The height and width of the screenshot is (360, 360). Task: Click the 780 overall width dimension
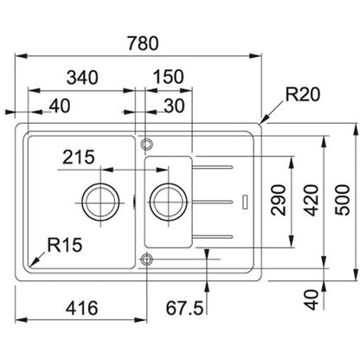(143, 43)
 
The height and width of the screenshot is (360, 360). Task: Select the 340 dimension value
(82, 78)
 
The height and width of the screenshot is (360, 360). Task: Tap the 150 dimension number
(168, 77)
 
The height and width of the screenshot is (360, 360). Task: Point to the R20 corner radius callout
(303, 94)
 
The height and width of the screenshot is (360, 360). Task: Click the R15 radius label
(65, 245)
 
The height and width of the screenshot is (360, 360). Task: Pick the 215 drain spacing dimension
(79, 157)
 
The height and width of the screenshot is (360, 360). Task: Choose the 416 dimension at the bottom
(82, 308)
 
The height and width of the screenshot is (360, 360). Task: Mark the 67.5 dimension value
(184, 308)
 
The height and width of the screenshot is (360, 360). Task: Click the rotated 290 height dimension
(279, 200)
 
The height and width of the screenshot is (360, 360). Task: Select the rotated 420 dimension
(312, 200)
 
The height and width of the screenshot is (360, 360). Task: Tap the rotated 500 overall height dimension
(342, 200)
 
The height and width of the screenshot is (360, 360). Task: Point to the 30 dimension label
(174, 106)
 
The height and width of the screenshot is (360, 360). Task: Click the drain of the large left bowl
(100, 202)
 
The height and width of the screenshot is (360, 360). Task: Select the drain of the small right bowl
(169, 202)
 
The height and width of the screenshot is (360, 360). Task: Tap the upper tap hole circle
(147, 144)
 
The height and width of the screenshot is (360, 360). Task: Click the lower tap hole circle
(147, 260)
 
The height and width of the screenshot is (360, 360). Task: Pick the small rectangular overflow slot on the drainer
(245, 202)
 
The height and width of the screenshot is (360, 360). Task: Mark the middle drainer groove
(213, 202)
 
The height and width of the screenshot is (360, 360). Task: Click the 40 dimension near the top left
(60, 106)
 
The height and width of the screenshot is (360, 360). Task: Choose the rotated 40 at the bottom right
(312, 300)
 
